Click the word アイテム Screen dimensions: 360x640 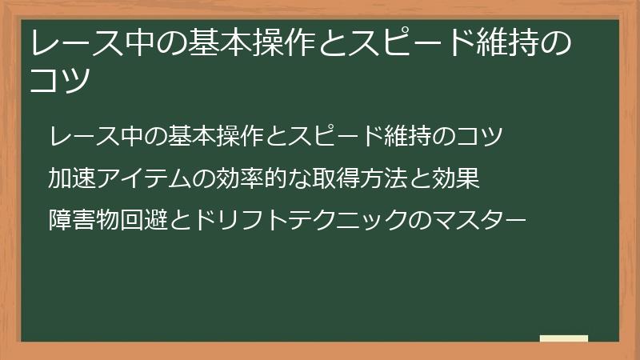140,177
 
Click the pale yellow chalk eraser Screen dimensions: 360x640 564,338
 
